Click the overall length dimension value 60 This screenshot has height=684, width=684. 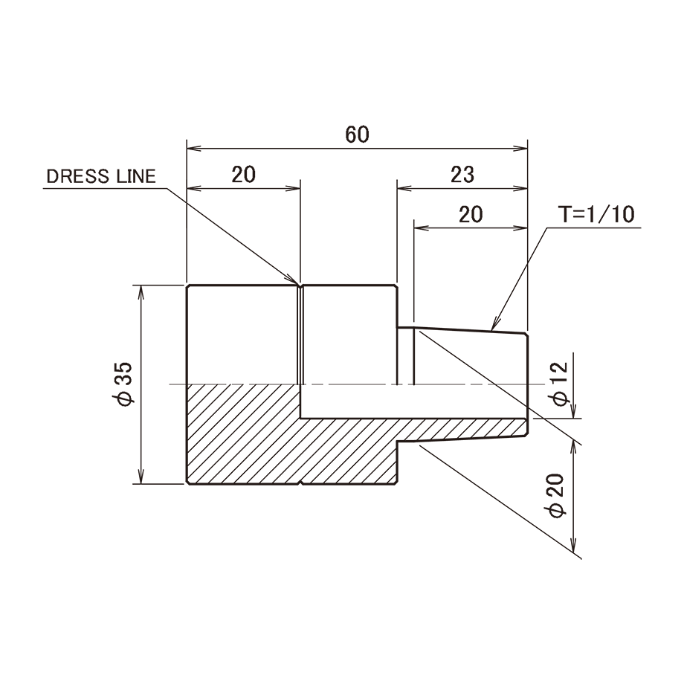tap(358, 135)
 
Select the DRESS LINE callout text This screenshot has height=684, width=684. tap(101, 176)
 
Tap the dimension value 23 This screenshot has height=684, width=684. tap(462, 175)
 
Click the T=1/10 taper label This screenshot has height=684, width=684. tap(597, 214)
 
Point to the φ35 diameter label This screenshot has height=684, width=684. tap(123, 384)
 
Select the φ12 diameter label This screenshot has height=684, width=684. tap(559, 384)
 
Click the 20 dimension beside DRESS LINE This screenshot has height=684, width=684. tap(243, 175)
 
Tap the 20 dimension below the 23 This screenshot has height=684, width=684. tap(471, 214)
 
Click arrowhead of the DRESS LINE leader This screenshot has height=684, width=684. tap(293, 280)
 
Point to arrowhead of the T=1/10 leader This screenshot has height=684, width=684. tap(494, 325)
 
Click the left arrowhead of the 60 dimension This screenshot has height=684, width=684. tap(194, 149)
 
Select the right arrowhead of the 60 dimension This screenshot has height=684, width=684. tap(520, 149)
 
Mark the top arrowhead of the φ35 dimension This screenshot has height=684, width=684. tap(141, 292)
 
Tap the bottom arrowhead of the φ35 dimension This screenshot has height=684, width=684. tap(141, 477)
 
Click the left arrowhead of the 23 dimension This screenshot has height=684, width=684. tap(404, 188)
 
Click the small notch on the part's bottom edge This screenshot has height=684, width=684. tap(300, 483)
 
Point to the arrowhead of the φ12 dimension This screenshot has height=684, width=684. tap(574, 411)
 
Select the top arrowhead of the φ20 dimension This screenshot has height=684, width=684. tap(575, 447)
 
